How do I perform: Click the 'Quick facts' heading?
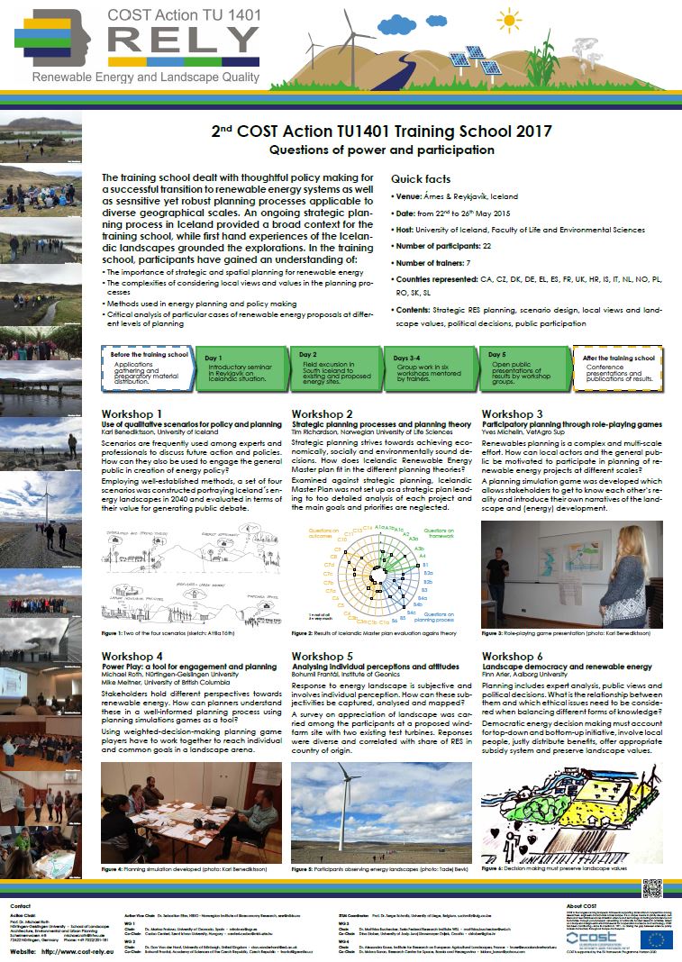(x=421, y=179)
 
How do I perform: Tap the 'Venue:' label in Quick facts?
(x=412, y=195)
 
